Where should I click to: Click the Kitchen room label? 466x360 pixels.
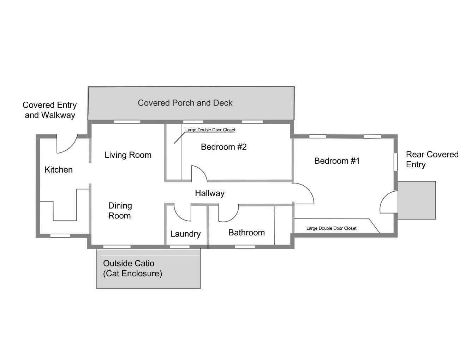(x=59, y=170)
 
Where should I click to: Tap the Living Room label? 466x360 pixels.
(x=128, y=155)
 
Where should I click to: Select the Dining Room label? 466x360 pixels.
(x=120, y=211)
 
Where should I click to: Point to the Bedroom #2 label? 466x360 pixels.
(x=223, y=147)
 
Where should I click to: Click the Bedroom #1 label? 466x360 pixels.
(x=337, y=161)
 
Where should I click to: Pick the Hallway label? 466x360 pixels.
(x=210, y=193)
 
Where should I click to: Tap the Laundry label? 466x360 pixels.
(x=185, y=234)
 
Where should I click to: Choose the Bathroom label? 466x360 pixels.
(x=246, y=233)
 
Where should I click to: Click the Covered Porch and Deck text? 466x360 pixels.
(x=185, y=103)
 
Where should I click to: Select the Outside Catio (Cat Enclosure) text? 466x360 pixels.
(x=132, y=269)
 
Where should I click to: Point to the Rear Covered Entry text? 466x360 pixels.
(x=432, y=160)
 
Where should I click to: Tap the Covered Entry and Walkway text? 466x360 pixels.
(x=50, y=110)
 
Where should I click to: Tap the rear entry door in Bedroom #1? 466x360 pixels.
(x=388, y=203)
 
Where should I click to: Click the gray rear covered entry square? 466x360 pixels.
(x=417, y=200)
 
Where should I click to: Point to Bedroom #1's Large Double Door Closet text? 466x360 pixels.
(x=331, y=228)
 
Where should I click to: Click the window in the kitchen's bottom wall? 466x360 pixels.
(x=60, y=236)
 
